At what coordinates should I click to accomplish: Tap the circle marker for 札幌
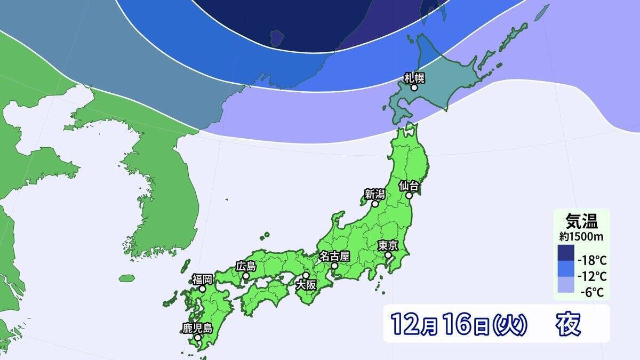click(x=414, y=88)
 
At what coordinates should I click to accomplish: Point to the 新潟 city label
click(x=375, y=194)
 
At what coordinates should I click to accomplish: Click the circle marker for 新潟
click(x=375, y=204)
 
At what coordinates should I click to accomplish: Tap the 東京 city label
click(x=388, y=245)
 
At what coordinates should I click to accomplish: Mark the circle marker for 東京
click(x=388, y=255)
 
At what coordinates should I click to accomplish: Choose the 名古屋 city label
click(x=334, y=255)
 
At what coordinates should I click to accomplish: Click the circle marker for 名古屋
click(x=334, y=265)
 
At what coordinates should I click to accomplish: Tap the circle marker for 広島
click(x=246, y=276)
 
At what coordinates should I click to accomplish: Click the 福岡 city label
click(x=203, y=278)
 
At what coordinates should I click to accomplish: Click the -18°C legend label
click(x=593, y=260)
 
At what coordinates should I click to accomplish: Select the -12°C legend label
click(x=593, y=276)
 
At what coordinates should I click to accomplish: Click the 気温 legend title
click(x=581, y=220)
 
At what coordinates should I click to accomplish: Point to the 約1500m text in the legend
click(x=581, y=235)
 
